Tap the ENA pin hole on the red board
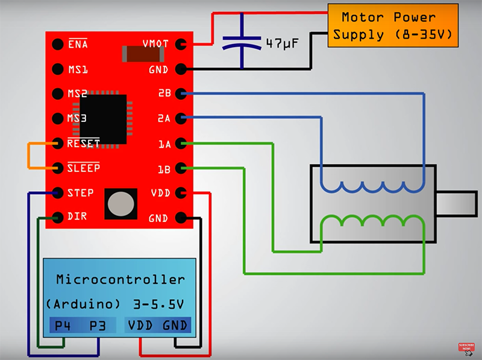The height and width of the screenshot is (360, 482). point(58,45)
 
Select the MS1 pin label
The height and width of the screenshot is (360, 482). point(78,69)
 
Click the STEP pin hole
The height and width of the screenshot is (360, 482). point(58,193)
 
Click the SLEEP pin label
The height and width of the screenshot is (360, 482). point(83,168)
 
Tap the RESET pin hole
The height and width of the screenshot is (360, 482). point(58,144)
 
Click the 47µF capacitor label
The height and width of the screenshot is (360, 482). point(283,43)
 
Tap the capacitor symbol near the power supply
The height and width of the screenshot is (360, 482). point(242,42)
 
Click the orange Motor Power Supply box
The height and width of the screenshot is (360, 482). point(392,25)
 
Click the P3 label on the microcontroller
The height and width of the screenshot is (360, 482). point(98,326)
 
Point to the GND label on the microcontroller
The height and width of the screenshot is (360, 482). point(175,326)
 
